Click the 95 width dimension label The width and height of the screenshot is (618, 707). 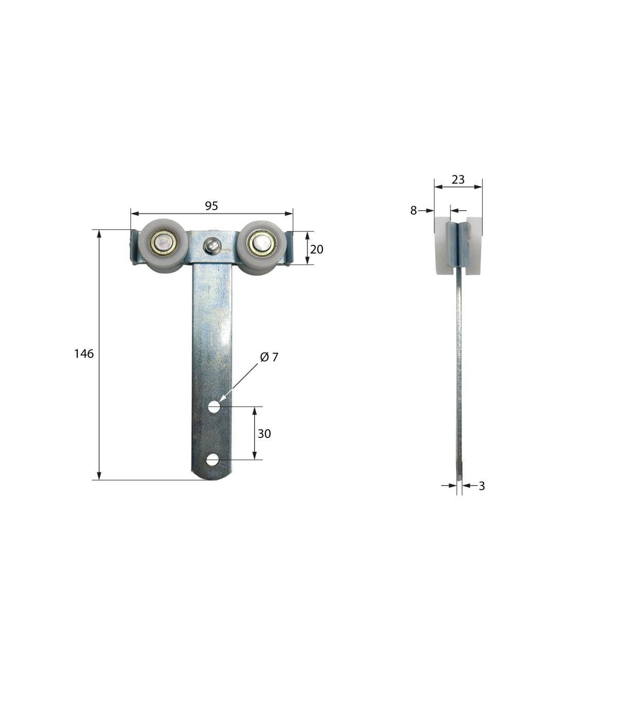point(211,206)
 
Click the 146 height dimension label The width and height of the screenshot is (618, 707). point(84,353)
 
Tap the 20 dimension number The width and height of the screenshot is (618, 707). point(316,249)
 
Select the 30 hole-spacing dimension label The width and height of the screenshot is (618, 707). point(264,434)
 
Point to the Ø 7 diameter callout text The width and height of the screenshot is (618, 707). point(269,357)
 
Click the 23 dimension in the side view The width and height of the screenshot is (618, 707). point(458,180)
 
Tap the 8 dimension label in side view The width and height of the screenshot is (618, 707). point(413,210)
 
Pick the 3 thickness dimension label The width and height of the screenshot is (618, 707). point(482,486)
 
